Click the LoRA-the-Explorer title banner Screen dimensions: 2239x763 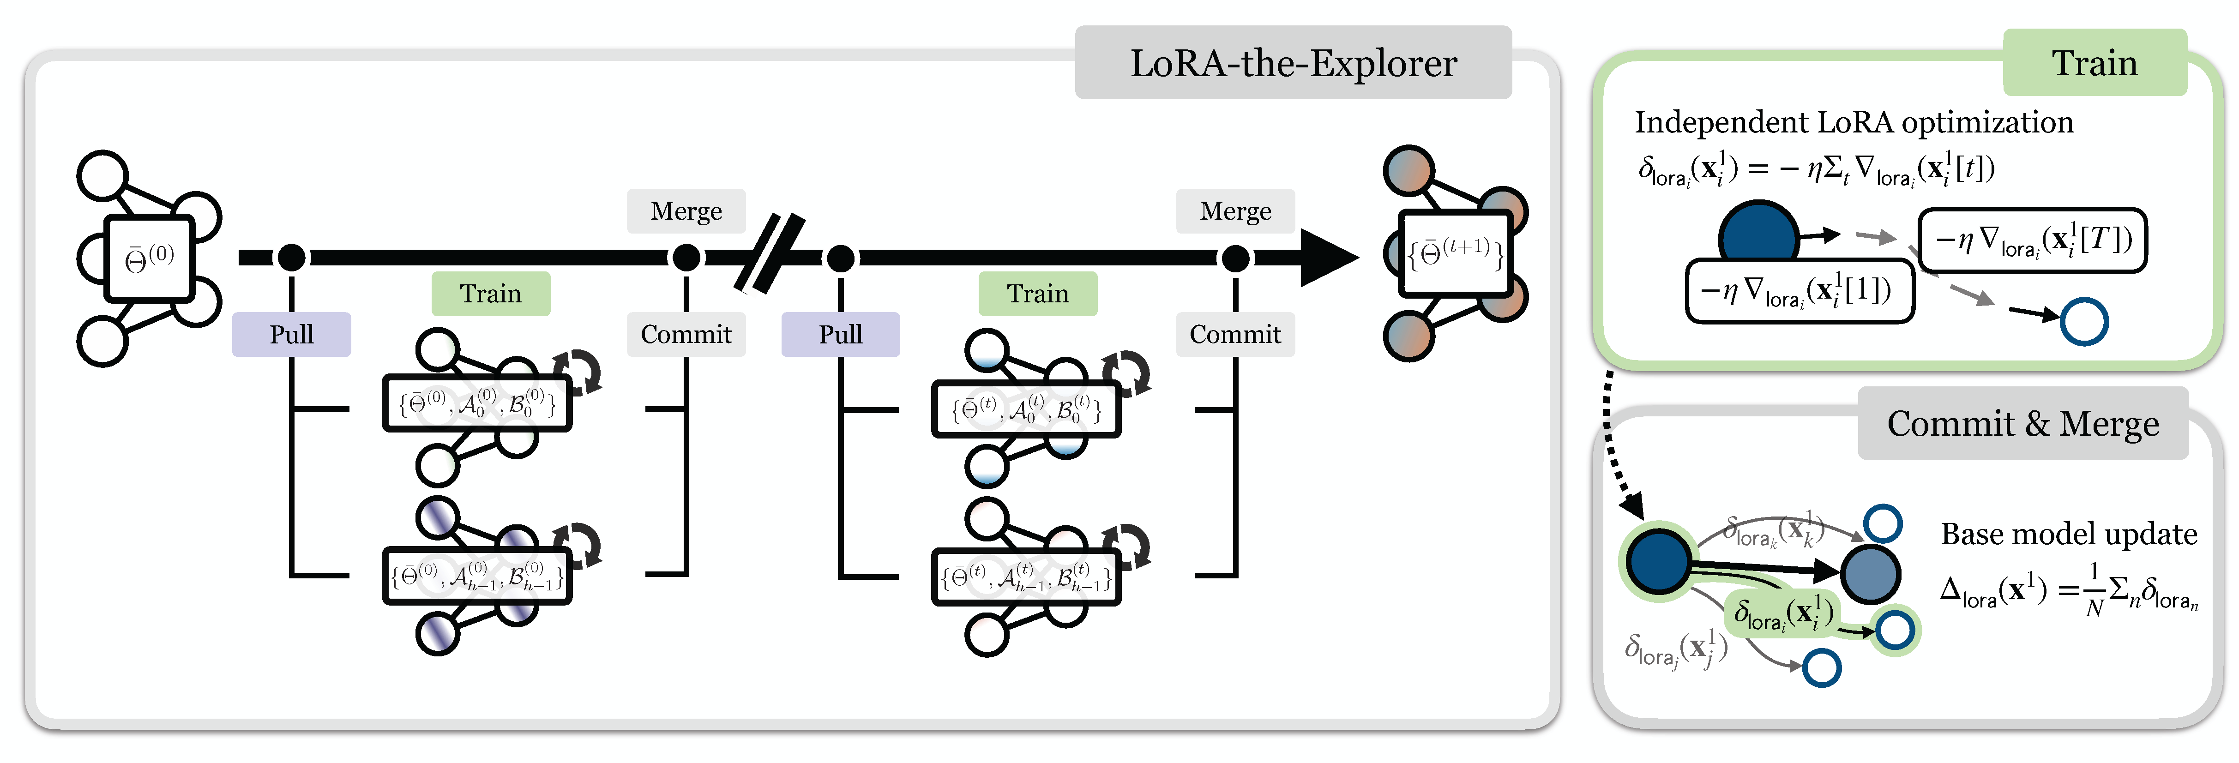pos(1294,63)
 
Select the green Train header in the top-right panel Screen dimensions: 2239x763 pos(2095,63)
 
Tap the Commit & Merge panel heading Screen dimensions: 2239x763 pos(2022,423)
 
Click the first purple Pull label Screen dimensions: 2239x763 pos(291,335)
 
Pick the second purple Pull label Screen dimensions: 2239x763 pos(841,335)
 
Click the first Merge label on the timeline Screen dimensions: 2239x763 pos(686,211)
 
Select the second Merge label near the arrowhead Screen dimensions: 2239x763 pos(1235,211)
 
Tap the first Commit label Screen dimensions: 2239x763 pos(686,335)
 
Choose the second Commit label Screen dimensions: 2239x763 pos(1235,335)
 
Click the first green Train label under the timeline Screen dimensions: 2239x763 pos(491,294)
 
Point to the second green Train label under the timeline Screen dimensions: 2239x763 pos(1038,294)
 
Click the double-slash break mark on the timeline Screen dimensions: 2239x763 pos(769,254)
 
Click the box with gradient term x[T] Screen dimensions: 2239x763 pos(2032,240)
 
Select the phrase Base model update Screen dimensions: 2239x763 pos(2069,534)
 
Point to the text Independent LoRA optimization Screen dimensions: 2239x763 pos(1854,122)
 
